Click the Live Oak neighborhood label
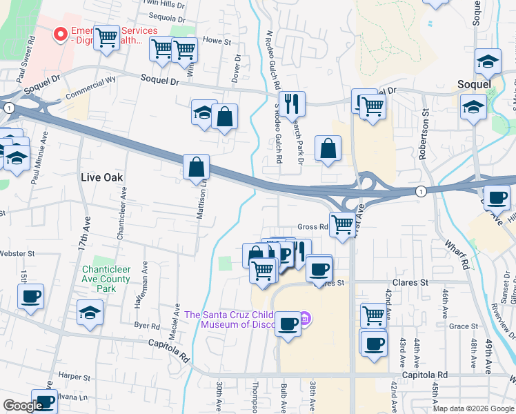pos(101,177)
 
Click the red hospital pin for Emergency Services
pos(61,33)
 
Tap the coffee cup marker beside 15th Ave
pos(30,297)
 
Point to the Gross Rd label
pos(312,227)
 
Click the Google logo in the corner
pos(22,406)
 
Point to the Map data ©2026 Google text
pos(473,408)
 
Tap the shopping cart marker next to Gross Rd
pos(341,224)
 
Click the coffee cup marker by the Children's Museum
pos(288,322)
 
